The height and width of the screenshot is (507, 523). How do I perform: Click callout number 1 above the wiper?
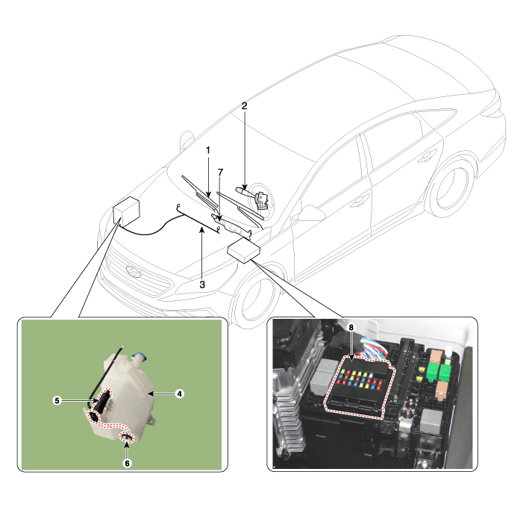[x=208, y=150]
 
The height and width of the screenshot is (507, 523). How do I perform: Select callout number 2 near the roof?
[x=245, y=106]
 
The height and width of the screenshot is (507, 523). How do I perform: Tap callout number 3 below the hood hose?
[x=202, y=284]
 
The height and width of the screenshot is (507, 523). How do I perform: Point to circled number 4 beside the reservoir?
[x=180, y=394]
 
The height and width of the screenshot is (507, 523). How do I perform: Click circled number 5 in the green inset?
[x=57, y=400]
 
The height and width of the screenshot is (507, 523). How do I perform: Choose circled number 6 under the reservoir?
[x=127, y=463]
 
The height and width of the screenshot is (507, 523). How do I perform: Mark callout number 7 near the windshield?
[x=220, y=172]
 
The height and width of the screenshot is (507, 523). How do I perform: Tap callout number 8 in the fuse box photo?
[x=351, y=328]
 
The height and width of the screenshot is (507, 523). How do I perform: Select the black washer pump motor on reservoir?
[x=101, y=402]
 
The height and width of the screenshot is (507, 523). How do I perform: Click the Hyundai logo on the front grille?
[x=133, y=271]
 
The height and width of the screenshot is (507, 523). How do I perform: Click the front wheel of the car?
[x=256, y=298]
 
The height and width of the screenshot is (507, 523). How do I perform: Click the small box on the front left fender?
[x=126, y=211]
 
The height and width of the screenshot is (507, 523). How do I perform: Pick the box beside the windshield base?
[x=243, y=250]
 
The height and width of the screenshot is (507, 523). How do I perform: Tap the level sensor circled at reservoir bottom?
[x=127, y=438]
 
